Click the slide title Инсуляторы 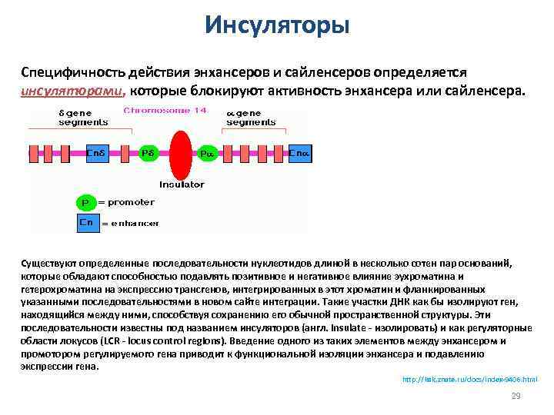coord(277,26)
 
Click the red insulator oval coord(181,154)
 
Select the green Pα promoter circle coord(206,154)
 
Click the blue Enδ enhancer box coord(97,154)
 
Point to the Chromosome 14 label coord(165,111)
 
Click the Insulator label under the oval coord(182,184)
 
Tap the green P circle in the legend coord(85,203)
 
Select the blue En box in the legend coord(86,223)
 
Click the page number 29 coord(516,396)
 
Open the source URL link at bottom coord(470,380)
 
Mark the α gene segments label coord(250,118)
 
